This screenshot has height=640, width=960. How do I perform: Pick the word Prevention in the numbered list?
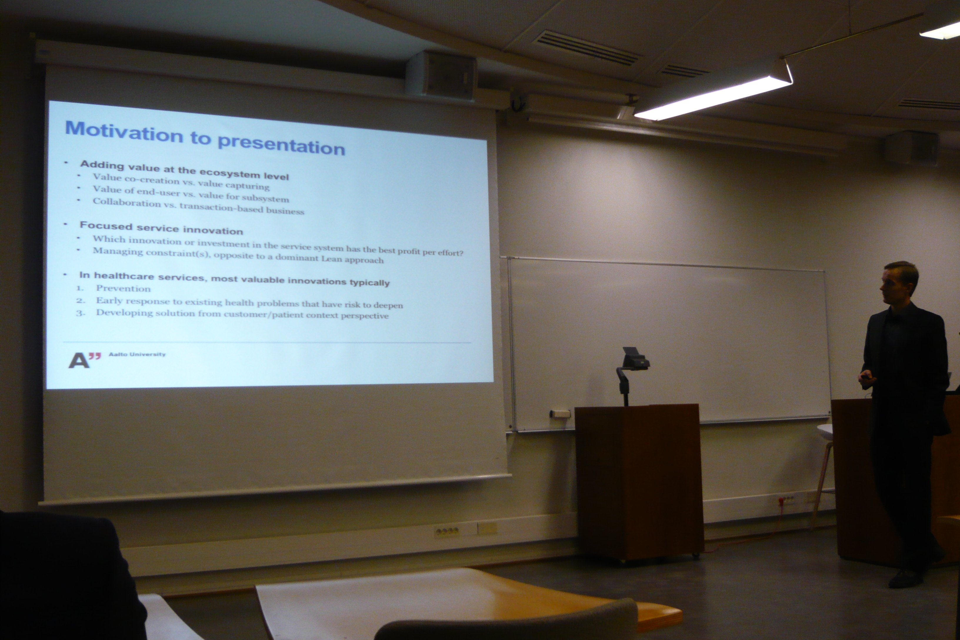[123, 289]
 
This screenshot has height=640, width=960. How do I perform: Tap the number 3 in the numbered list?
[80, 313]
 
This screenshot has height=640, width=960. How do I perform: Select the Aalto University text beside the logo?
[137, 354]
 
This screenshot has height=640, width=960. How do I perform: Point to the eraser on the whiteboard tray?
[560, 414]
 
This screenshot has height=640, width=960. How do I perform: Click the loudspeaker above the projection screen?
[442, 75]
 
